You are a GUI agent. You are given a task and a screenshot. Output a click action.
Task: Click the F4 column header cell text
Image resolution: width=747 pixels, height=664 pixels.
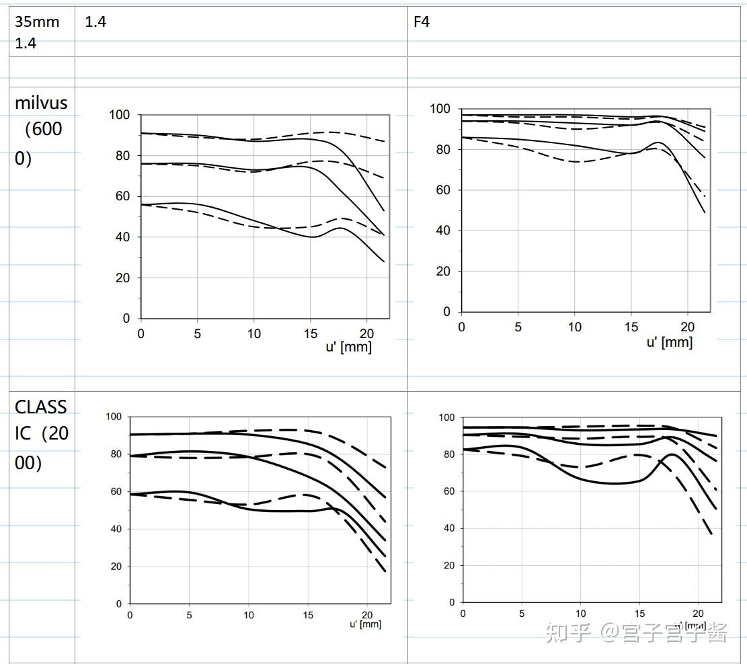click(x=422, y=22)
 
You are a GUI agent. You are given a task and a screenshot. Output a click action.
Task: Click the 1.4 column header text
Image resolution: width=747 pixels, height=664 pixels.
click(x=95, y=22)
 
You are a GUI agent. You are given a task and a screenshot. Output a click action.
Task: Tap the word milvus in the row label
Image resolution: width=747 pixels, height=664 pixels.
click(x=41, y=103)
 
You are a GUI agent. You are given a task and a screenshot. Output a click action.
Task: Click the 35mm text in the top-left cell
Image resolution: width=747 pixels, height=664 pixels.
click(x=37, y=22)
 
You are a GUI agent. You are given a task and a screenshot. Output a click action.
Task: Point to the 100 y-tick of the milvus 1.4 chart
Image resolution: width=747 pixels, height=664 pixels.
click(x=120, y=115)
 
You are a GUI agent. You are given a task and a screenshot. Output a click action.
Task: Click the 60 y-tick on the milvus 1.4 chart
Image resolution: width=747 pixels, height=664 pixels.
click(x=122, y=197)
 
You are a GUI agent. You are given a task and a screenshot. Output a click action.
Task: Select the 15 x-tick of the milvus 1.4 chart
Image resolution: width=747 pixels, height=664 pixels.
click(x=310, y=333)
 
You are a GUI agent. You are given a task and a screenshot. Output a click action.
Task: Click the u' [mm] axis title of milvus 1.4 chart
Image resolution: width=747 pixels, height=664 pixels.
click(x=348, y=347)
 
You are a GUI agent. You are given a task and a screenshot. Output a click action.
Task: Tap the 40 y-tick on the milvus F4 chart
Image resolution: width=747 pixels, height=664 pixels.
click(x=443, y=231)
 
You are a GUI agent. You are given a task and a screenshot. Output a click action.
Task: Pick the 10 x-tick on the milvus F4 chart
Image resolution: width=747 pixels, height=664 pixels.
click(x=574, y=327)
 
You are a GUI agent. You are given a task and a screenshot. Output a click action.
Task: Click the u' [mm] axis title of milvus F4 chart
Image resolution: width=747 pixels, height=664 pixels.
click(x=669, y=342)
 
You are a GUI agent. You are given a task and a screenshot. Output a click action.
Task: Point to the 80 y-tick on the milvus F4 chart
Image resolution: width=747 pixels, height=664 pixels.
click(x=443, y=150)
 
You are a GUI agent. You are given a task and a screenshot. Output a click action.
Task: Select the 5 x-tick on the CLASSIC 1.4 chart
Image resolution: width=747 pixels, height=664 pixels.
click(x=190, y=615)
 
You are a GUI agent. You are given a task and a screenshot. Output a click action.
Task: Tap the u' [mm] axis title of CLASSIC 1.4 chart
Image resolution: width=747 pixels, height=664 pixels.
click(x=365, y=624)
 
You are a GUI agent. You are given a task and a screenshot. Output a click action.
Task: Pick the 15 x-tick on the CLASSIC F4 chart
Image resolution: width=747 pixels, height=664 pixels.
click(x=639, y=614)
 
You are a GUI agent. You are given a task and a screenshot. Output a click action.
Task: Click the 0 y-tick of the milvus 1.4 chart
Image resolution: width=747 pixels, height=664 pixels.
click(x=126, y=319)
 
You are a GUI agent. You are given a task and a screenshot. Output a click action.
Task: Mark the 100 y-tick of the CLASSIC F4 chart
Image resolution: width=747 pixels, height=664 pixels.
click(x=446, y=417)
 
